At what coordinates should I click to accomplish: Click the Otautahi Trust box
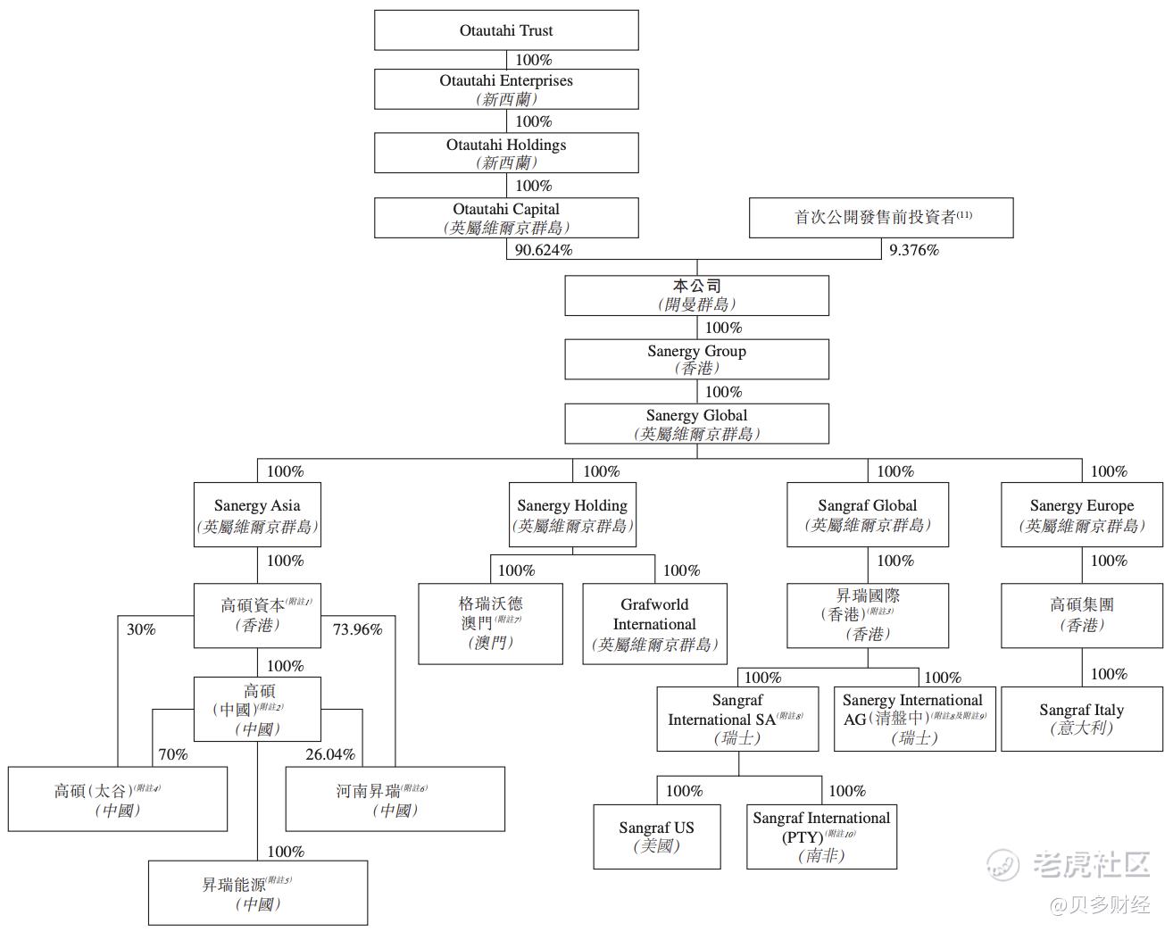[x=506, y=30]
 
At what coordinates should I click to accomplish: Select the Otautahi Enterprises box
[x=506, y=89]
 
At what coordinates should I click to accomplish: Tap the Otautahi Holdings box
[x=506, y=154]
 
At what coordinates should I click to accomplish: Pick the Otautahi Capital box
[x=506, y=218]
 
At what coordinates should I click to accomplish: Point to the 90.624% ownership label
[x=544, y=251]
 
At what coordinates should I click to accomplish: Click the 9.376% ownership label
[x=914, y=251]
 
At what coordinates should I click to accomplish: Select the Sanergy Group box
[x=696, y=360]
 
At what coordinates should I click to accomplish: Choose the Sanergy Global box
[x=696, y=424]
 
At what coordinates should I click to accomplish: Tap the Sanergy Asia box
[x=257, y=515]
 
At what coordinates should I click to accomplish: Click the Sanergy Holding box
[x=572, y=515]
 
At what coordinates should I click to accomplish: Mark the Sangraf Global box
[x=867, y=515]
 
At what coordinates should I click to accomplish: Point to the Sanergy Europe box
[x=1081, y=515]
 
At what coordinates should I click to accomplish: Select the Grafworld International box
[x=654, y=624]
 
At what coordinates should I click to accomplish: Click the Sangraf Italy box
[x=1081, y=719]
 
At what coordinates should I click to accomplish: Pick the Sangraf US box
[x=656, y=836]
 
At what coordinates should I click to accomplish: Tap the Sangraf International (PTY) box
[x=821, y=836]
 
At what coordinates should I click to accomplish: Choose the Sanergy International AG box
[x=914, y=719]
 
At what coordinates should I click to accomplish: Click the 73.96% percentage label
[x=357, y=630]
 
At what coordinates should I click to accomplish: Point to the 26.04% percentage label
[x=330, y=755]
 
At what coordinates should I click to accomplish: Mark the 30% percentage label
[x=141, y=630]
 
